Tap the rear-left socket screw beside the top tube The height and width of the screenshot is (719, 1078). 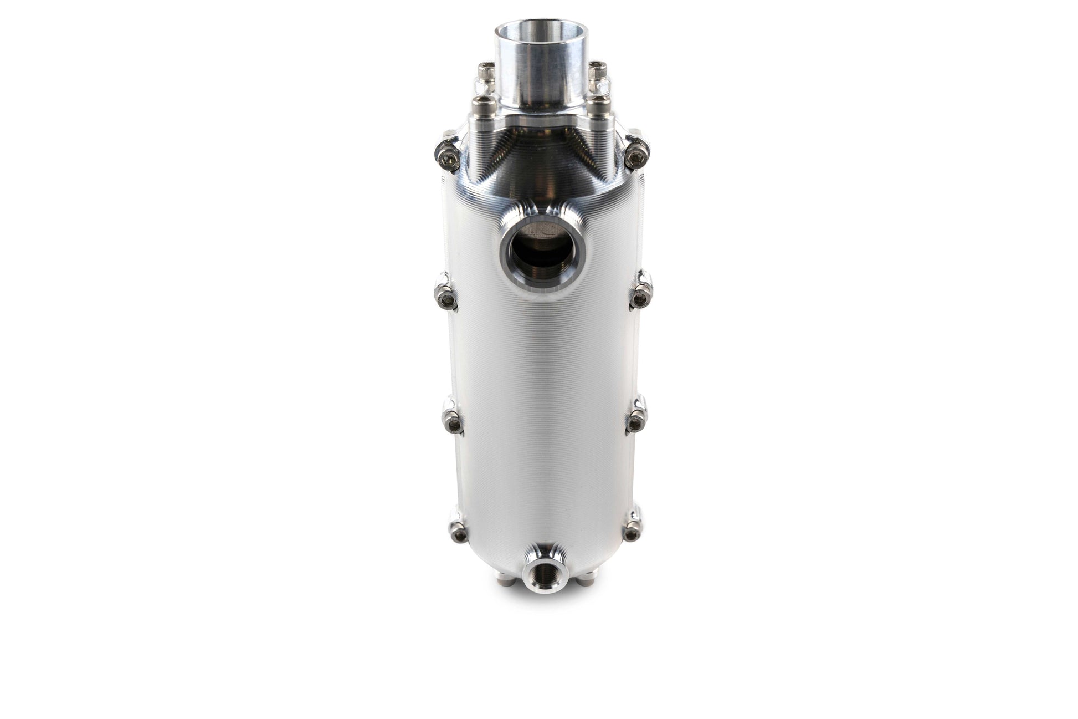483,71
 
